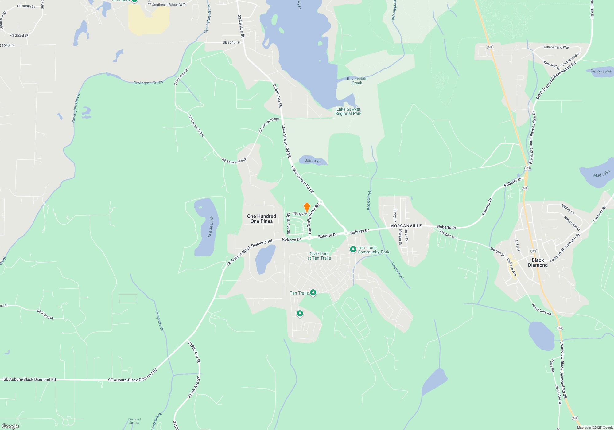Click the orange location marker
[x=307, y=207]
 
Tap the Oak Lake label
[x=312, y=161]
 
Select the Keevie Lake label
[x=211, y=227]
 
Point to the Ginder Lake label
[x=601, y=72]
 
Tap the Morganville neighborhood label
[x=406, y=226]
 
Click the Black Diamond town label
[x=538, y=263]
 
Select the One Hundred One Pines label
[x=262, y=219]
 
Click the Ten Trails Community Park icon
[x=353, y=249]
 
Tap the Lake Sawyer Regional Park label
[x=348, y=111]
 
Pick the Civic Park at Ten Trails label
[x=319, y=256]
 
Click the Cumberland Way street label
[x=556, y=47]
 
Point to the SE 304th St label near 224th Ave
[x=231, y=43]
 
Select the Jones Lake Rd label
[x=542, y=309]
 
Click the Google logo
[x=10, y=426]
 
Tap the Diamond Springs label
[x=134, y=421]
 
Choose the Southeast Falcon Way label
[x=169, y=5]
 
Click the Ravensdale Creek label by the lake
[x=357, y=81]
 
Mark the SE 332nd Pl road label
[x=45, y=314]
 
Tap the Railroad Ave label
[x=512, y=267]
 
